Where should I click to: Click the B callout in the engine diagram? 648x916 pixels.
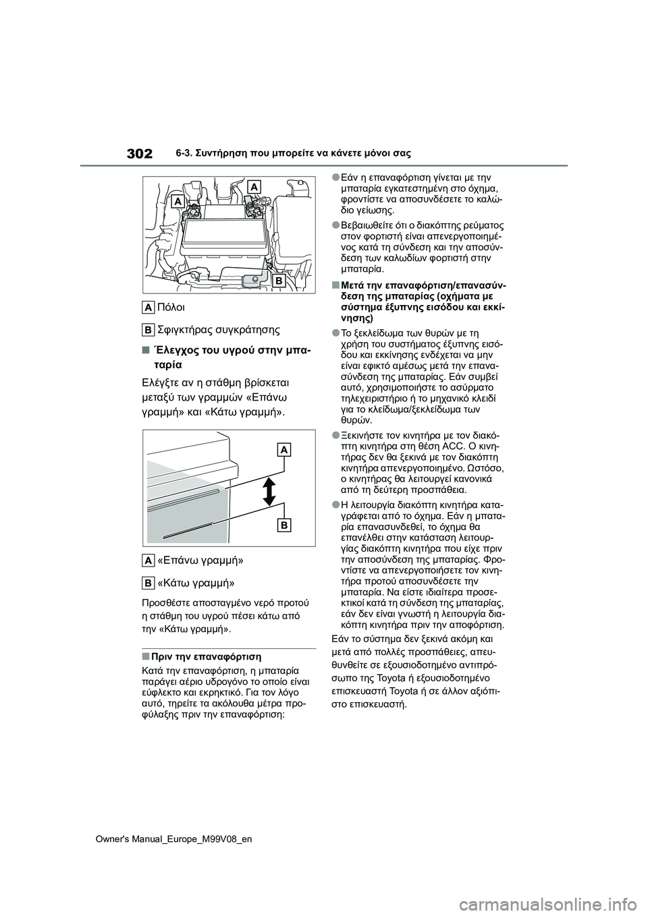(x=278, y=279)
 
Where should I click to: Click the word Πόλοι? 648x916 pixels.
(x=171, y=307)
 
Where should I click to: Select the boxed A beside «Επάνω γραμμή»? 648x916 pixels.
(x=148, y=560)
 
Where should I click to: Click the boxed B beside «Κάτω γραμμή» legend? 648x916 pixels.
(x=148, y=582)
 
